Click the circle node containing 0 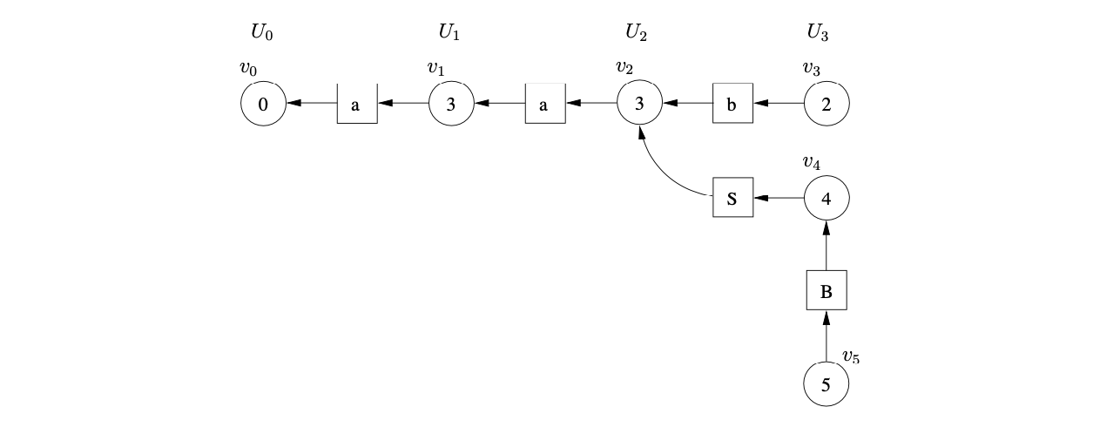263,104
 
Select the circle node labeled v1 450,104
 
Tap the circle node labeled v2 639,104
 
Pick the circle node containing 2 827,104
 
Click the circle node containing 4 827,198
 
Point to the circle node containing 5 827,384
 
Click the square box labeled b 732,104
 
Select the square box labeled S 732,198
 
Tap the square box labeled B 827,291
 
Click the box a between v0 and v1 356,104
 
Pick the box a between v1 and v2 544,104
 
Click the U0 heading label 262,34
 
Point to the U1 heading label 449,34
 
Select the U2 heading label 637,34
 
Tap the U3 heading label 818,34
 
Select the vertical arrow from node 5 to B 827,339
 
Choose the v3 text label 813,67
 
